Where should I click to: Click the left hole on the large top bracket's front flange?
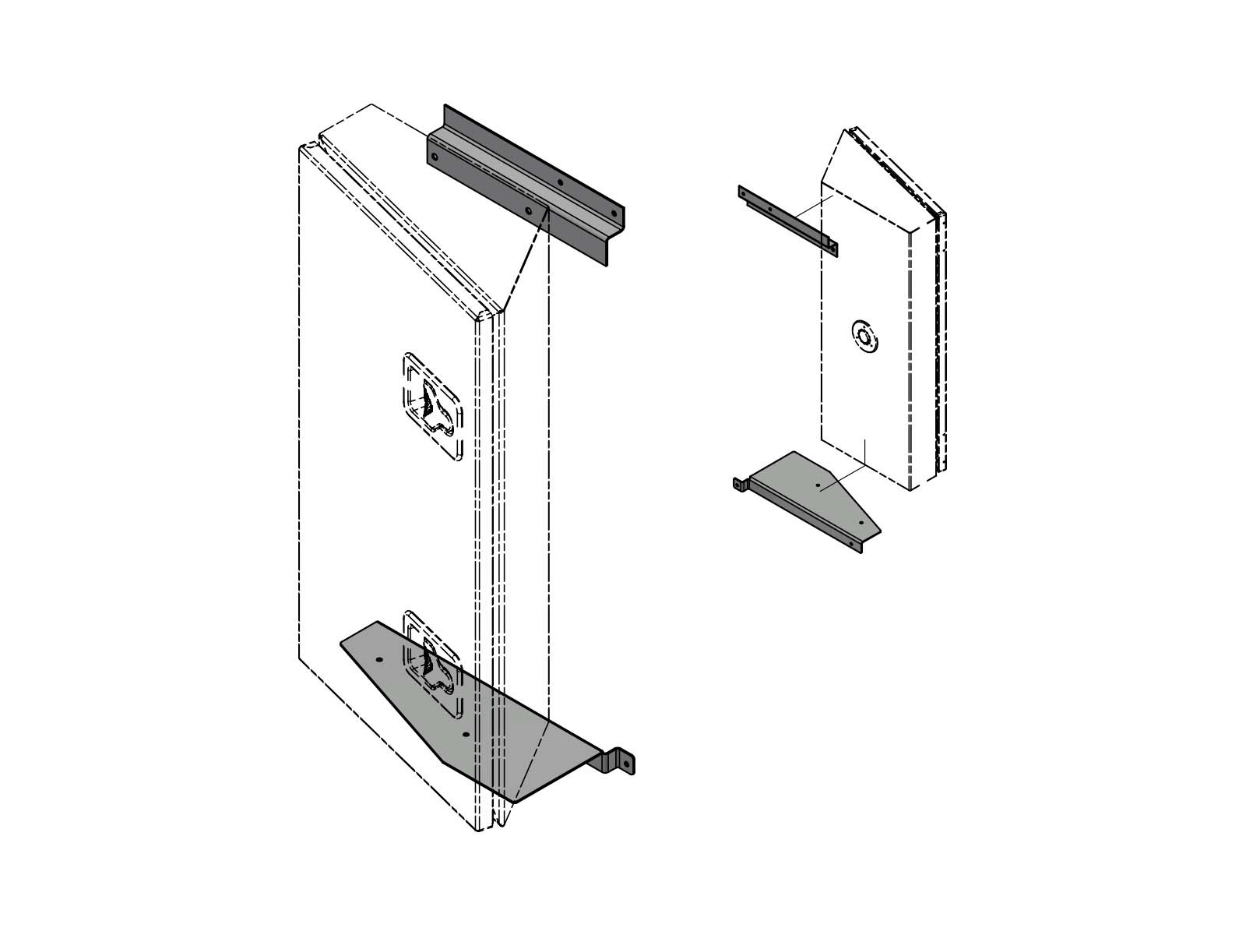(x=435, y=157)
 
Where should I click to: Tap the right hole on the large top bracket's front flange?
(x=529, y=210)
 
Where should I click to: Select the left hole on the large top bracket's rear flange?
(x=560, y=182)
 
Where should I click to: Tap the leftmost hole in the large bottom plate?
(x=379, y=659)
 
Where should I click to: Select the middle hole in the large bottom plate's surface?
(x=465, y=734)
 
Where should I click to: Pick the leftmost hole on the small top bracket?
(x=744, y=191)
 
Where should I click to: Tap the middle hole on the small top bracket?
(x=770, y=209)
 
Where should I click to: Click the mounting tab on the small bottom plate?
(x=737, y=484)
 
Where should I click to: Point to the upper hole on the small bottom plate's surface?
(x=818, y=485)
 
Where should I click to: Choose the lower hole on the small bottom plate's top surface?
(x=861, y=522)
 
